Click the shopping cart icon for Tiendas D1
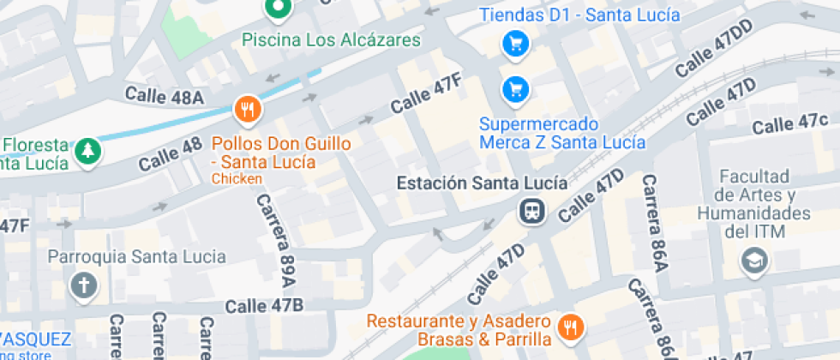(x=514, y=43)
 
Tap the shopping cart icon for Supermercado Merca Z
(x=514, y=87)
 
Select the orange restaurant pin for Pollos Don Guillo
(x=248, y=109)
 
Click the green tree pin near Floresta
(x=87, y=152)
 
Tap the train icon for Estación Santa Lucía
(x=532, y=210)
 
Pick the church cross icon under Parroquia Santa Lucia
(x=84, y=285)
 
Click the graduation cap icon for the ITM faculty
(x=755, y=259)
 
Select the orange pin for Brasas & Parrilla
(x=569, y=327)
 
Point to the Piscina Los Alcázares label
(x=331, y=40)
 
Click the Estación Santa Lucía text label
(x=481, y=183)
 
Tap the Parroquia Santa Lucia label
(x=137, y=256)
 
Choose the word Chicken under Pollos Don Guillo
(x=236, y=179)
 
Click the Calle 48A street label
(x=165, y=96)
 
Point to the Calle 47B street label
(x=264, y=306)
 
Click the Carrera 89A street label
(x=276, y=240)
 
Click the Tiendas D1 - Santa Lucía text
(x=579, y=15)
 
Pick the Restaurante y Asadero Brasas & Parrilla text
(x=458, y=330)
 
